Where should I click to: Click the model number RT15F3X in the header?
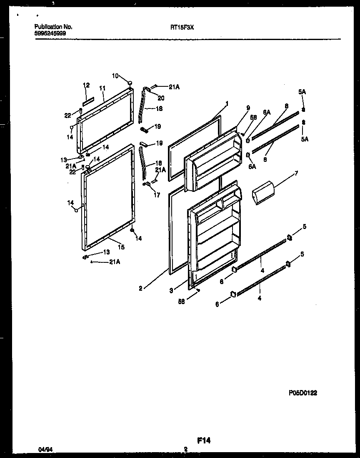coord(182,27)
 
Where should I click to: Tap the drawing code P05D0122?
coord(305,393)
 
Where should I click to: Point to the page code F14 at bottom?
coord(204,440)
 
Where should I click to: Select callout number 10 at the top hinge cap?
coord(115,75)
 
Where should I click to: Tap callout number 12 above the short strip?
coord(86,85)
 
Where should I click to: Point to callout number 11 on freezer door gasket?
coord(102,88)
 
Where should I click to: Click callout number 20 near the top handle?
coord(161,98)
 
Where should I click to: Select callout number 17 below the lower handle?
coord(157,195)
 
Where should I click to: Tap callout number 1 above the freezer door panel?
coord(227,103)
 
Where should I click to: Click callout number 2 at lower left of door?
coord(140,288)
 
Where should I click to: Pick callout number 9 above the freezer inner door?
coord(248,108)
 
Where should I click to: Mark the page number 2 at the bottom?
coord(185,449)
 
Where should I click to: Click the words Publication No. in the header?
coord(53,27)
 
